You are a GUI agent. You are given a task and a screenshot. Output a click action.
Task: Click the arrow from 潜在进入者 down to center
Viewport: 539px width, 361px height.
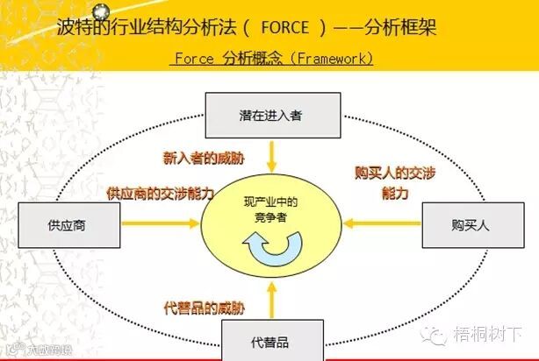272,156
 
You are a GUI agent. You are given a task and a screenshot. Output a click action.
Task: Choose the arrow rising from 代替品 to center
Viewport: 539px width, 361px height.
272,298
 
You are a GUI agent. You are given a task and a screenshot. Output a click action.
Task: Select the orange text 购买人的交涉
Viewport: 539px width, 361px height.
395,173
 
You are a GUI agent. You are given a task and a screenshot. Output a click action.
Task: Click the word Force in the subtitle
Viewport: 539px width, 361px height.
194,59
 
